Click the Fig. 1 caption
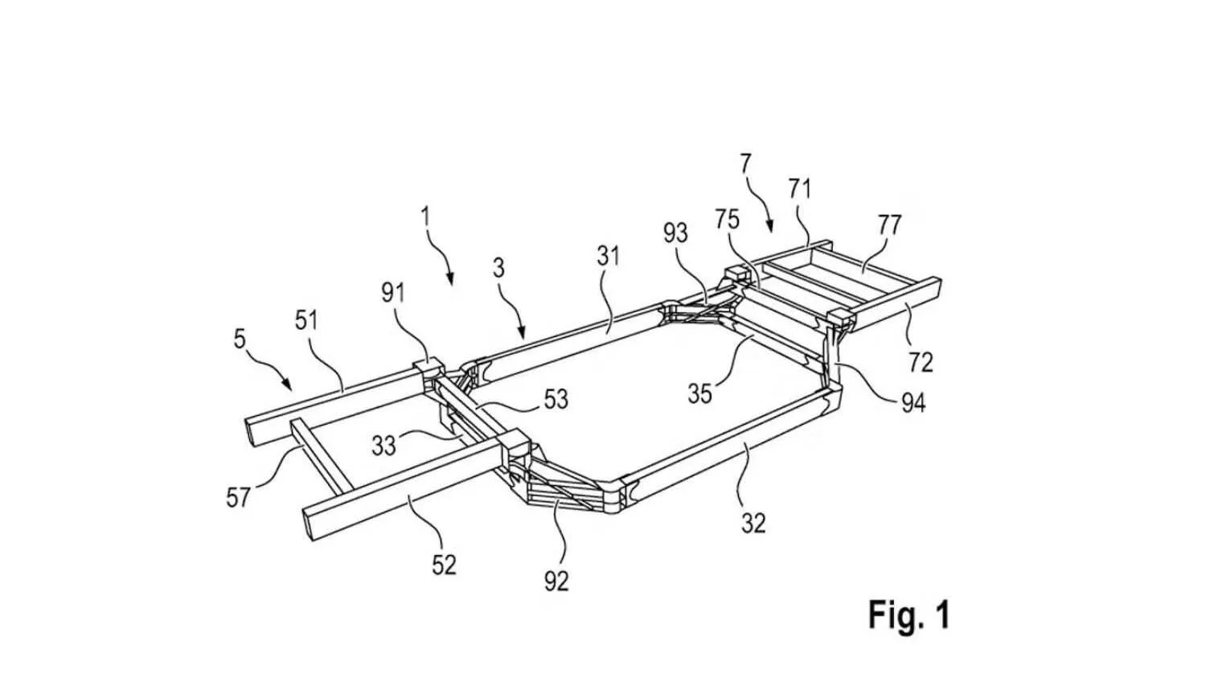tap(909, 615)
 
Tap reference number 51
tap(306, 321)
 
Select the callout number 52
tap(444, 564)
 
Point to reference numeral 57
tap(238, 497)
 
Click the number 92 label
tap(556, 581)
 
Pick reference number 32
tap(753, 522)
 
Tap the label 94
tap(913, 402)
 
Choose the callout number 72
tap(920, 363)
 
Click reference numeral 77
tap(889, 224)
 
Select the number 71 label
tap(799, 189)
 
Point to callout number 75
tap(727, 220)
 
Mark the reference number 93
tap(675, 233)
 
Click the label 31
tap(609, 256)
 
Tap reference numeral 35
tap(700, 394)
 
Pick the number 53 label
tap(556, 399)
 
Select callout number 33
tap(384, 446)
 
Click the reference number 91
tap(393, 293)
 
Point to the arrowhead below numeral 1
tap(450, 279)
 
